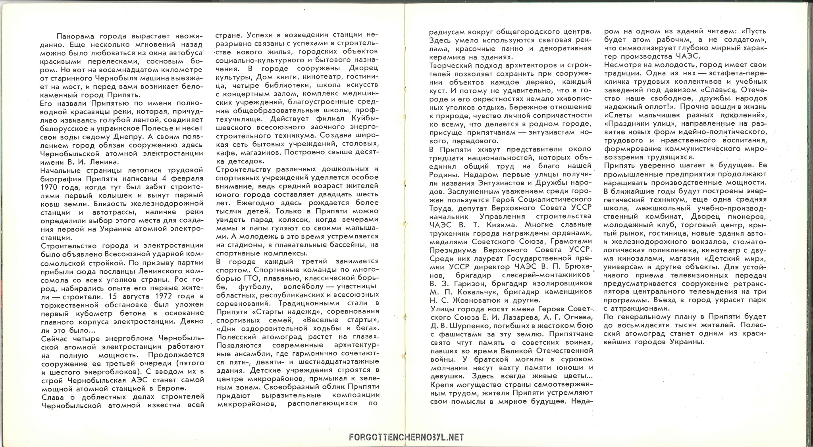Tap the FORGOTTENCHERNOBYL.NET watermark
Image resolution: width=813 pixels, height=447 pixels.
pyautogui.click(x=406, y=437)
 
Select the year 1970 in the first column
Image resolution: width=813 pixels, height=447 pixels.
pyautogui.click(x=50, y=187)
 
